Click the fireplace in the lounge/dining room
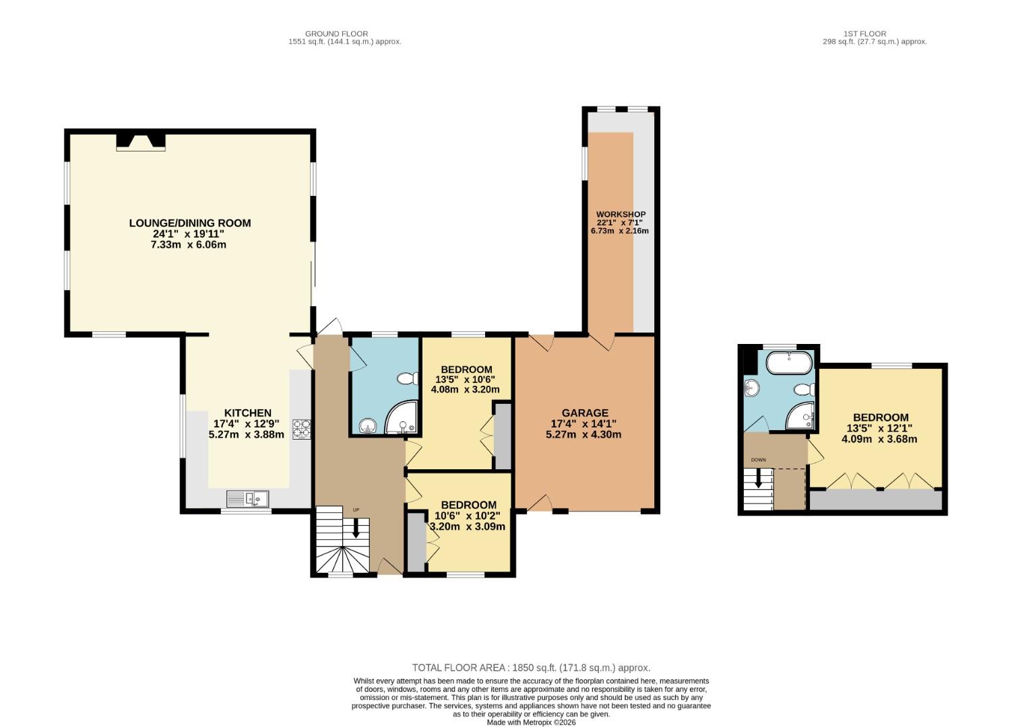[141, 141]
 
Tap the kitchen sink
[248, 499]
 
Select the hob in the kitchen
[301, 429]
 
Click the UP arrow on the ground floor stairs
[356, 529]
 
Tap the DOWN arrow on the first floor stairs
[759, 479]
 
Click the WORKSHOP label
[621, 214]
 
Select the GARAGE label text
[585, 413]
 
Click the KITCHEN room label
[247, 413]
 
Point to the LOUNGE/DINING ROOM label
[190, 223]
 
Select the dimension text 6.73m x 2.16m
[619, 231]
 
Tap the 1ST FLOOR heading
[864, 33]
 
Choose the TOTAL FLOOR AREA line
[531, 668]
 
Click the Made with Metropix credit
[531, 722]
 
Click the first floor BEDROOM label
[880, 417]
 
